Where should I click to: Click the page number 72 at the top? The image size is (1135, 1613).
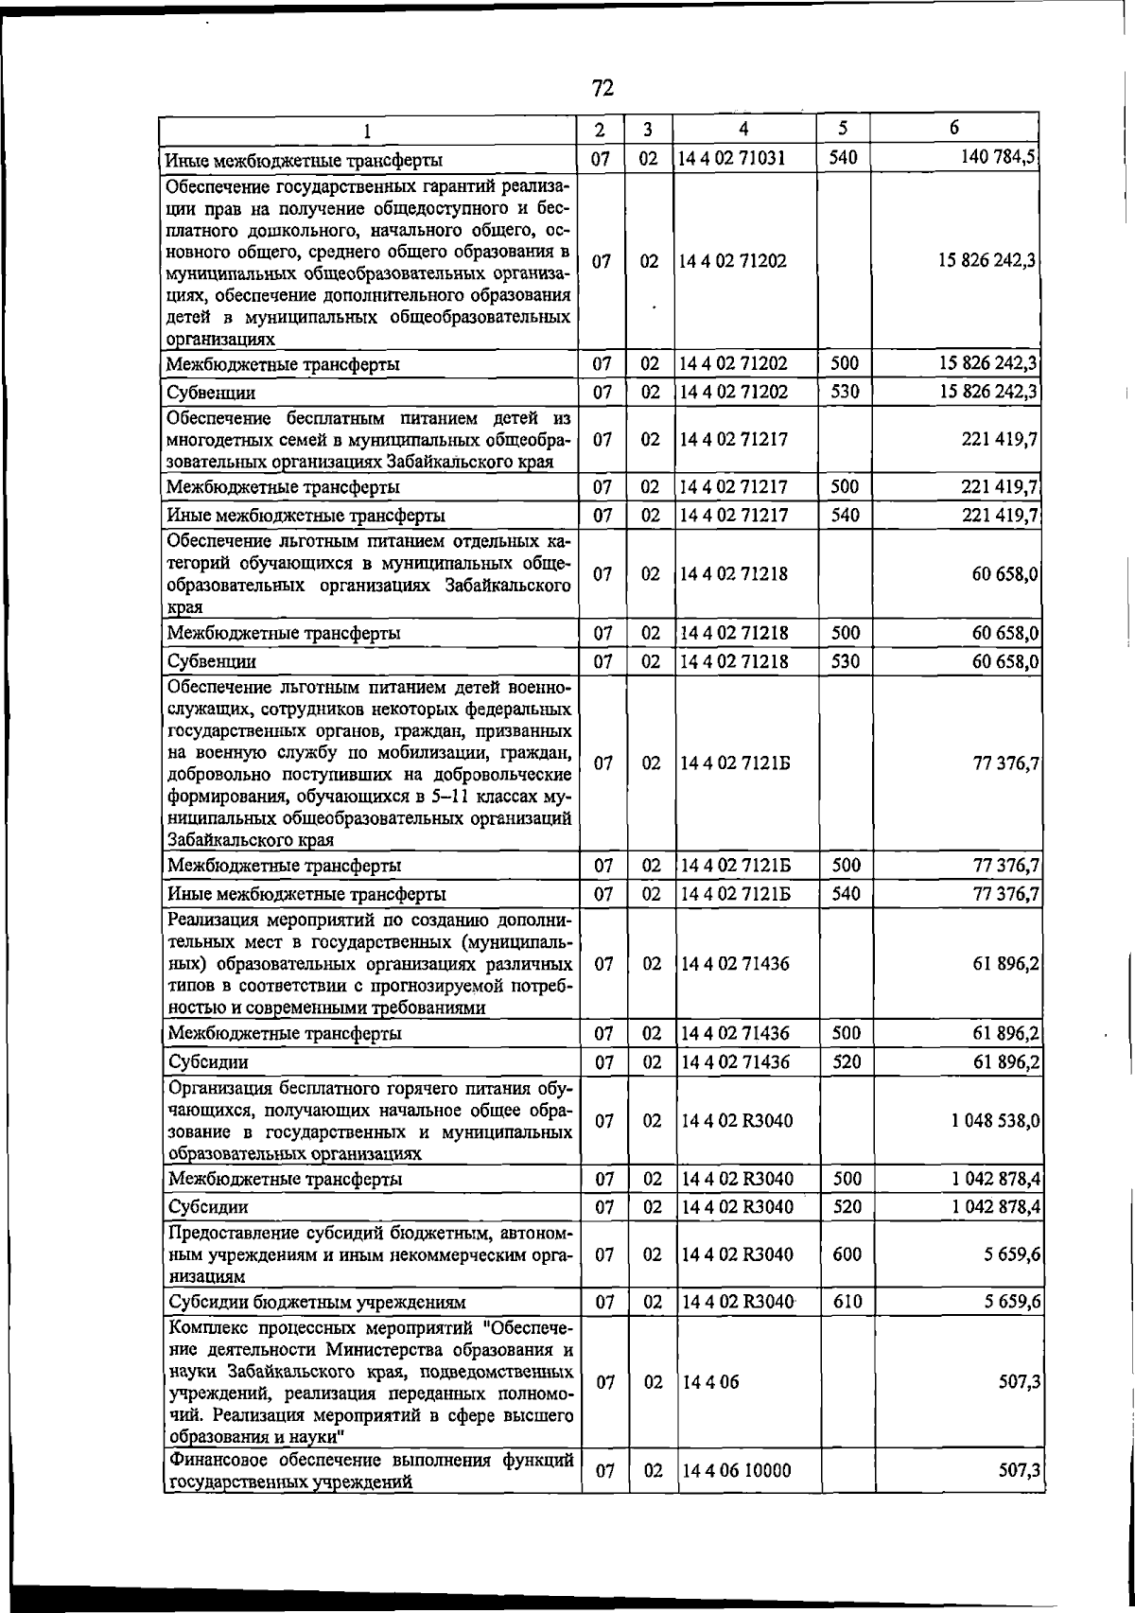tap(602, 88)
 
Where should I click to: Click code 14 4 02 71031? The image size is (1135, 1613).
tap(732, 158)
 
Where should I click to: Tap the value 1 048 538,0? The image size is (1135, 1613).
tap(996, 1120)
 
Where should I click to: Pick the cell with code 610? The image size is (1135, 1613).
tap(847, 1301)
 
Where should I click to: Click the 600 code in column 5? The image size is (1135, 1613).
tap(847, 1254)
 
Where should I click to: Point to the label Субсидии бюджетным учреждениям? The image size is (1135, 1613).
tap(316, 1302)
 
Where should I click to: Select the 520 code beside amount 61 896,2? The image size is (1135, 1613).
tap(847, 1061)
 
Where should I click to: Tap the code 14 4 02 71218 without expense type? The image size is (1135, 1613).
tap(734, 574)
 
